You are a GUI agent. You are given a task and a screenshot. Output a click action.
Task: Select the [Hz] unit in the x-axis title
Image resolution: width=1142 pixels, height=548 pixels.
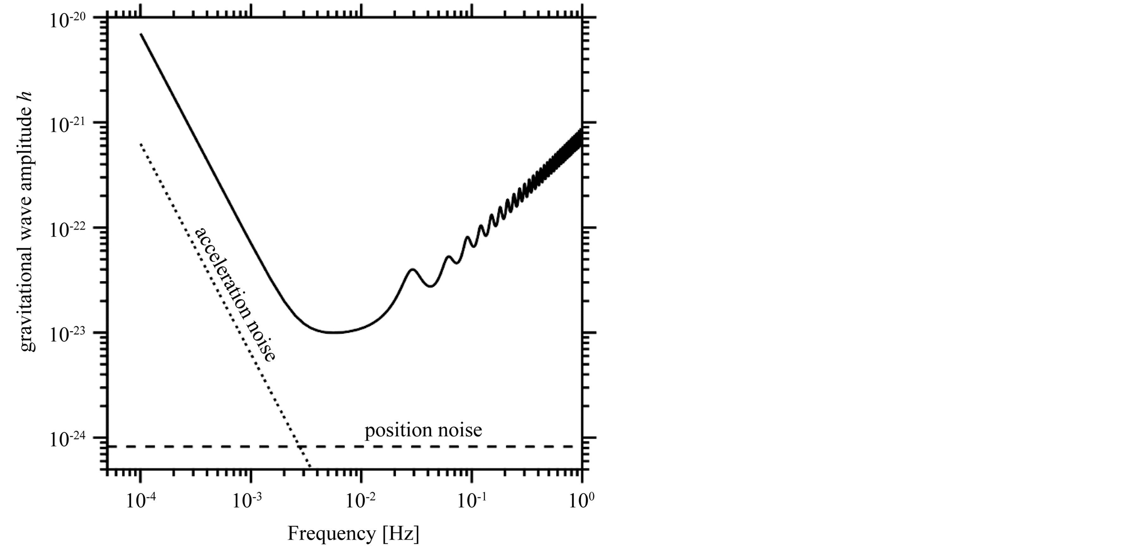pos(400,533)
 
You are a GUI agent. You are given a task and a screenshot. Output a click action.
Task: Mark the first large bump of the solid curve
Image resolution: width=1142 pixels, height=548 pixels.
pos(412,269)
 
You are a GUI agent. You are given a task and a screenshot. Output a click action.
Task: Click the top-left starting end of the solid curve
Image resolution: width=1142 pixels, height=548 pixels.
pos(141,34)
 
